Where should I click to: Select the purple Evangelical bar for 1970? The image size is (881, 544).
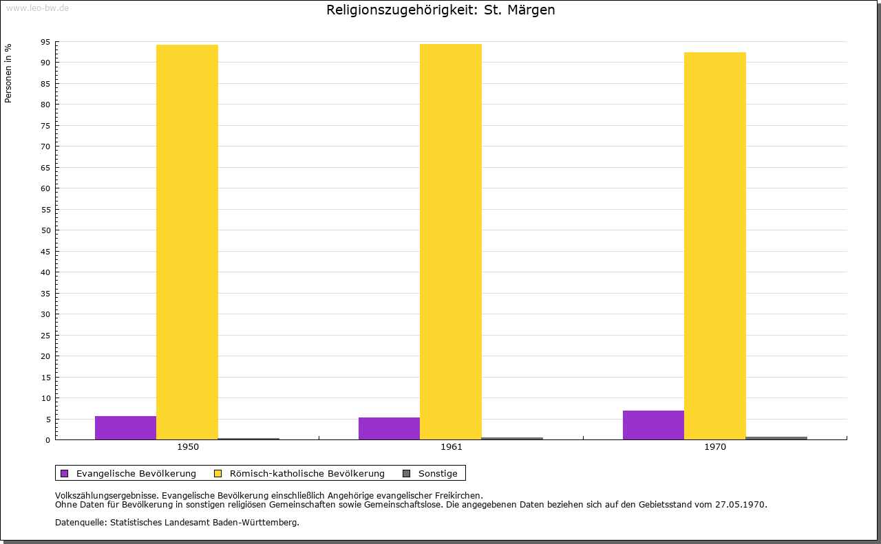click(653, 425)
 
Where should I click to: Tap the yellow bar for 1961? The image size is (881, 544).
click(451, 241)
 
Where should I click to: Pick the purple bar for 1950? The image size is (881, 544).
click(125, 428)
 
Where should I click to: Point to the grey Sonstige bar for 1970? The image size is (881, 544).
click(776, 438)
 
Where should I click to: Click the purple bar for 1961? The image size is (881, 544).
click(389, 428)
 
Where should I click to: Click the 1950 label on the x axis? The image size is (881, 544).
click(188, 447)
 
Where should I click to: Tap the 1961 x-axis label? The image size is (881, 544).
click(452, 447)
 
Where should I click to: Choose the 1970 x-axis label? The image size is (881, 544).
click(715, 447)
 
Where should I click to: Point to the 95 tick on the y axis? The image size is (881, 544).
click(45, 42)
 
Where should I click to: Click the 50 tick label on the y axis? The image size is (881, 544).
click(45, 230)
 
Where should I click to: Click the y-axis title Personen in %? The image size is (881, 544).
click(8, 73)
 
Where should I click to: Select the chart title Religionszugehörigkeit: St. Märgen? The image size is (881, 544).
click(440, 10)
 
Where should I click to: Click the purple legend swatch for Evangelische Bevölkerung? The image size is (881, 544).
click(65, 473)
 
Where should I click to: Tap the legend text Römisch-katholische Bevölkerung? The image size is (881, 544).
click(307, 473)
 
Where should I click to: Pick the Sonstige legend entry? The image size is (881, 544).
click(438, 473)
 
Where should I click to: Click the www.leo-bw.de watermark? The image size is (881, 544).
click(36, 6)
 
